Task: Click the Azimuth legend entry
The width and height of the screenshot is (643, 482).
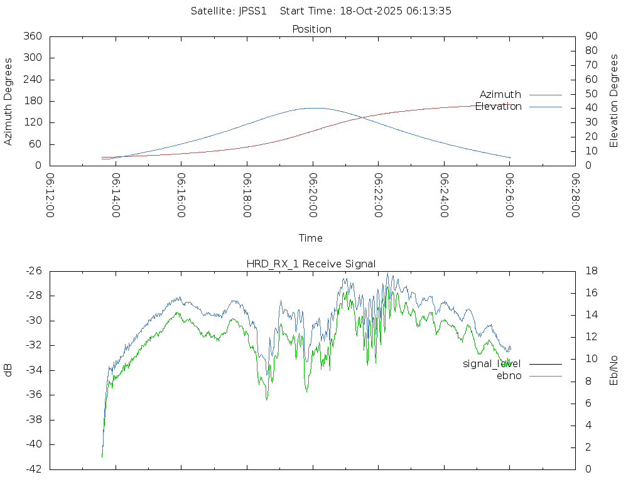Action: (x=500, y=95)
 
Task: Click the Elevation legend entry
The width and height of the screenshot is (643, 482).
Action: (x=499, y=107)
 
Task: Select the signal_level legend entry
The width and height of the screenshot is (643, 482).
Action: (x=492, y=364)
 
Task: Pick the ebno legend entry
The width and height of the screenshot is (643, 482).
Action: (x=509, y=376)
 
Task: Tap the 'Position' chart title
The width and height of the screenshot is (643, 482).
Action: (x=312, y=29)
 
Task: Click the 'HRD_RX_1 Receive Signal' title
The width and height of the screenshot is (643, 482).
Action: (x=311, y=264)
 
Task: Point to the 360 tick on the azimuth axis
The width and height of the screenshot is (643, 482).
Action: (x=33, y=36)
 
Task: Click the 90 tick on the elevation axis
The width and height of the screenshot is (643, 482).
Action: (x=591, y=36)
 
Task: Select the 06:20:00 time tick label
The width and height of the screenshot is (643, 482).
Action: (x=313, y=195)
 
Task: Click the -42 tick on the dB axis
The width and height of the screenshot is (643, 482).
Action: (x=33, y=469)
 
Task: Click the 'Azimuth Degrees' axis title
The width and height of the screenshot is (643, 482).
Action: (x=9, y=101)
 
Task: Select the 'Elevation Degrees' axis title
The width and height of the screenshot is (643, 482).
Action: (x=614, y=101)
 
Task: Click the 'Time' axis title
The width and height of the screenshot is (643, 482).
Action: (x=311, y=238)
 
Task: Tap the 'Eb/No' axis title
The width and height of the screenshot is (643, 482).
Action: (x=614, y=370)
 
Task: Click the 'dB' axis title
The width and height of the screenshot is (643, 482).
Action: (x=9, y=370)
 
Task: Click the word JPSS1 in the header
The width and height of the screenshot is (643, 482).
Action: (x=253, y=11)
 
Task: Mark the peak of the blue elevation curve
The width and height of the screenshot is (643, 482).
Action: (x=314, y=108)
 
